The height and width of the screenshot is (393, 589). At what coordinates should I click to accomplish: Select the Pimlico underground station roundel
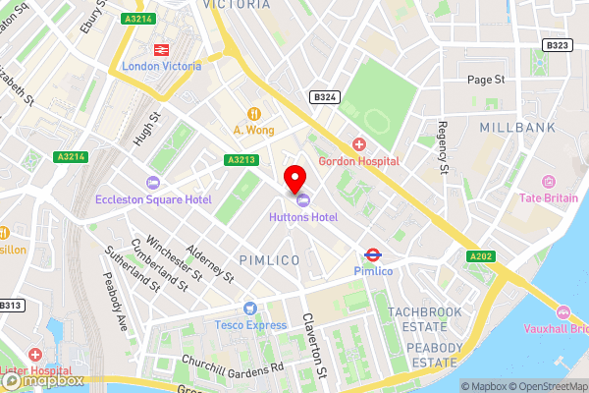(372, 253)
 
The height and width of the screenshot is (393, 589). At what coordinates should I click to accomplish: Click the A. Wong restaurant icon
(253, 112)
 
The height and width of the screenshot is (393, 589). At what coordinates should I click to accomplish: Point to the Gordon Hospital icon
(358, 143)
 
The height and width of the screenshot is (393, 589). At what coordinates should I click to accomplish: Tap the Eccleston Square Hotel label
(153, 199)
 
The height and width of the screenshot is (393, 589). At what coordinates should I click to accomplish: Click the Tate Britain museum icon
(548, 182)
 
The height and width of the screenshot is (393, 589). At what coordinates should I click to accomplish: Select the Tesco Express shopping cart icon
(250, 309)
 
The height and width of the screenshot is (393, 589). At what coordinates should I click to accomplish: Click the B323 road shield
(557, 45)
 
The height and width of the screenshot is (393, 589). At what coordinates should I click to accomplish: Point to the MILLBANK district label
(515, 128)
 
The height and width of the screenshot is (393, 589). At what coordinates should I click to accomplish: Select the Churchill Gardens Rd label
(232, 365)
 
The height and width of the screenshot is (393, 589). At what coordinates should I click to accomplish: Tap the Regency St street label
(443, 148)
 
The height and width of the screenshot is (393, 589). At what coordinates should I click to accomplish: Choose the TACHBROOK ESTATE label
(424, 317)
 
